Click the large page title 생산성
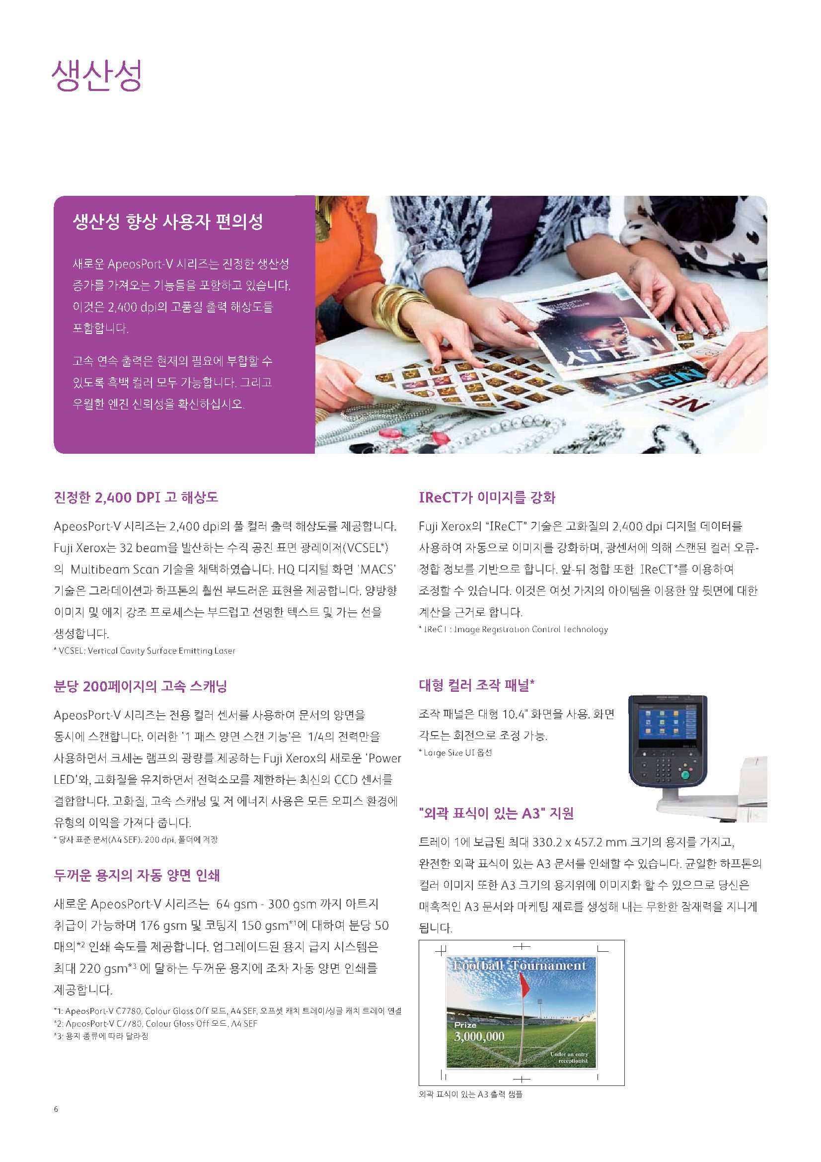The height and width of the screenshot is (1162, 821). (96, 76)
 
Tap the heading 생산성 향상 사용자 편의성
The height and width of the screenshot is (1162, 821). (168, 222)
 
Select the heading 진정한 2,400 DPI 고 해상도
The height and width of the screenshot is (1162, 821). (136, 497)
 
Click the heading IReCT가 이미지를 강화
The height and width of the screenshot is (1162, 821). (487, 498)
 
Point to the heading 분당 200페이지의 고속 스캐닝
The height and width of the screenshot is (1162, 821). (140, 686)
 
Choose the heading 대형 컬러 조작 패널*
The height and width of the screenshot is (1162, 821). (476, 685)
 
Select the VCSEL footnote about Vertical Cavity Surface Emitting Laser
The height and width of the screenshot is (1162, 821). (144, 651)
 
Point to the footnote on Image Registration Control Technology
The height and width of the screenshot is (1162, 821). (513, 630)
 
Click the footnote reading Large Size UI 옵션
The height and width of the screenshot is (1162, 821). (455, 752)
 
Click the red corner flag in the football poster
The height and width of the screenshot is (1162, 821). (524, 985)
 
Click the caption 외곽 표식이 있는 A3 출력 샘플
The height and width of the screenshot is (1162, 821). (470, 1094)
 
